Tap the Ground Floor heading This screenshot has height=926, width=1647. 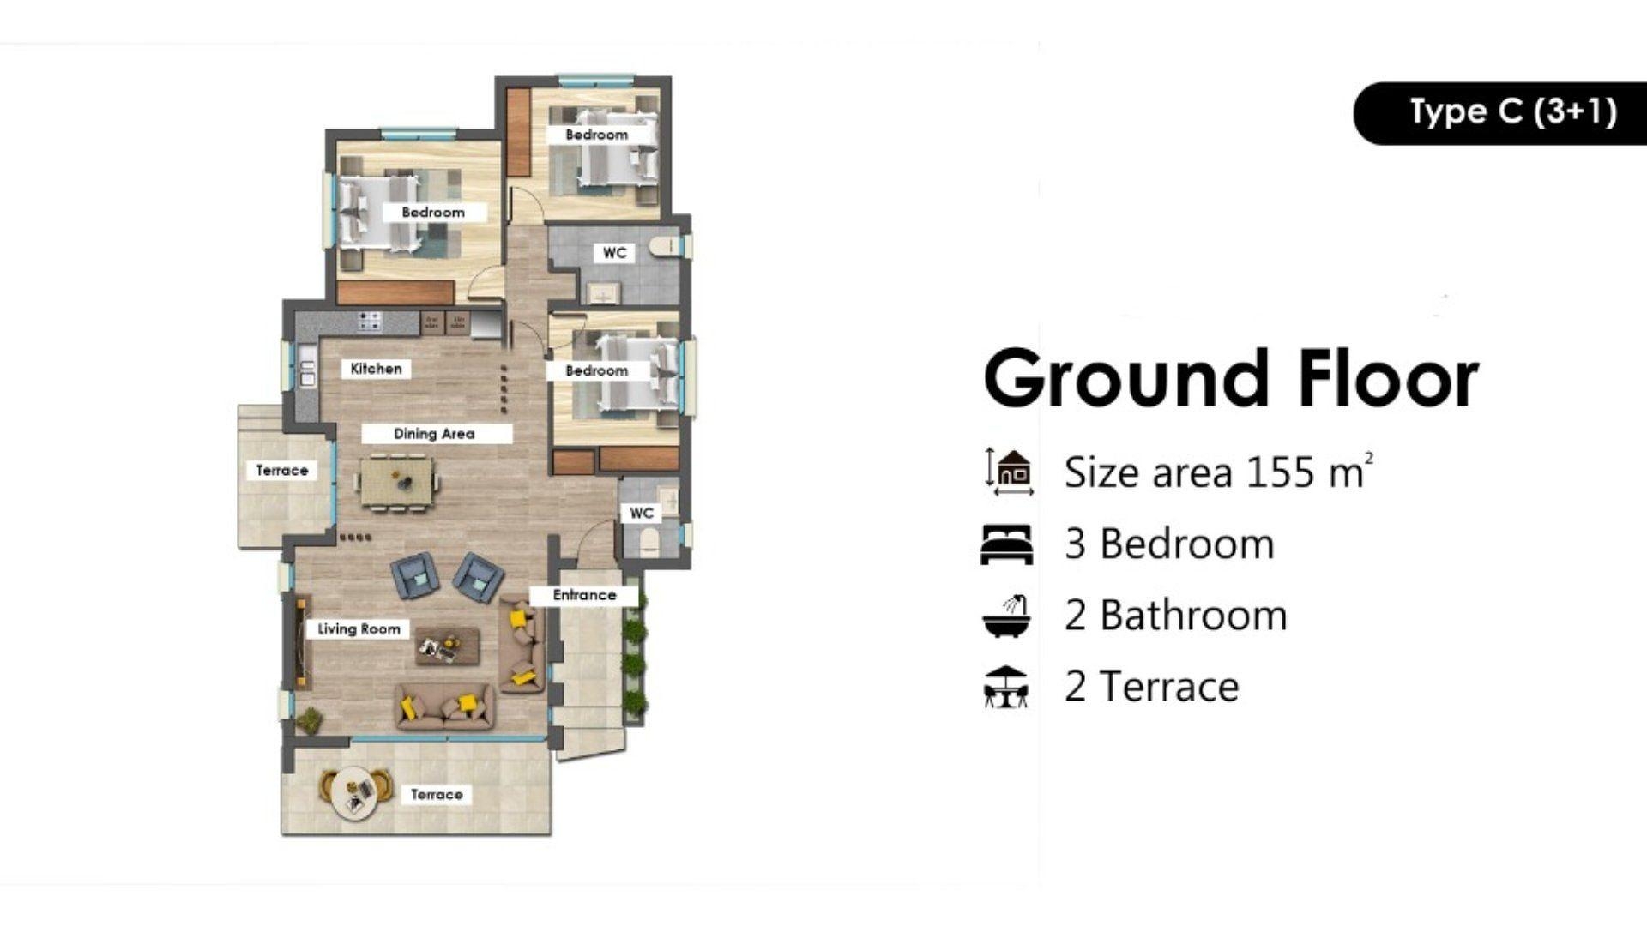point(1231,379)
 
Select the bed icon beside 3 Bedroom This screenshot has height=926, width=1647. point(1006,544)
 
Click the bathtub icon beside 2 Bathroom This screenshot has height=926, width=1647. point(1006,616)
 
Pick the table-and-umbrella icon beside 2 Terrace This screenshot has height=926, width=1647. point(1006,687)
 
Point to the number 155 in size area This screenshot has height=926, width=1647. point(1279,472)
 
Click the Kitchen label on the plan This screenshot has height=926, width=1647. point(376,369)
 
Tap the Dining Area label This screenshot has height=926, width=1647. point(434,434)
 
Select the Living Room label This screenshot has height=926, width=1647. point(359,629)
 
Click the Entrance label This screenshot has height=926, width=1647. point(584,595)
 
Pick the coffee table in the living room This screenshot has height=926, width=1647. point(447,646)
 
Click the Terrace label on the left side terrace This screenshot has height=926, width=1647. point(282,471)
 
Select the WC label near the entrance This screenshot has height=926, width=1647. point(641,514)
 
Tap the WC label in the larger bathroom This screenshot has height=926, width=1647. point(614,253)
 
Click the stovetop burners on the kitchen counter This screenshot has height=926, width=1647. point(370,322)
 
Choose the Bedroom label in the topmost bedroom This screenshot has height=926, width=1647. point(596,135)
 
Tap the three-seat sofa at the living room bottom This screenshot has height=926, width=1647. point(444,707)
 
